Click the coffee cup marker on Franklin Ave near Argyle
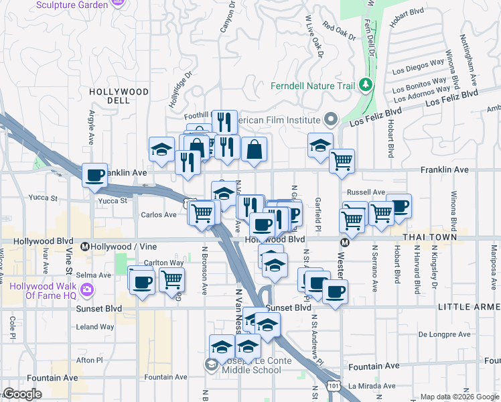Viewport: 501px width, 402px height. click(x=94, y=176)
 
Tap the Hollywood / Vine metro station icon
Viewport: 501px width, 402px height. click(x=85, y=247)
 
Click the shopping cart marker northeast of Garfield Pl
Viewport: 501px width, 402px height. click(x=342, y=161)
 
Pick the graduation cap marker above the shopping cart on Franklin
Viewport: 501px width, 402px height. click(x=321, y=145)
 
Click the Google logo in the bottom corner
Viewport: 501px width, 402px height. click(x=23, y=394)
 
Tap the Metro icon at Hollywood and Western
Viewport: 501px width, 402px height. click(x=344, y=243)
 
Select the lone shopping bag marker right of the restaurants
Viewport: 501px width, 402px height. click(x=255, y=150)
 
